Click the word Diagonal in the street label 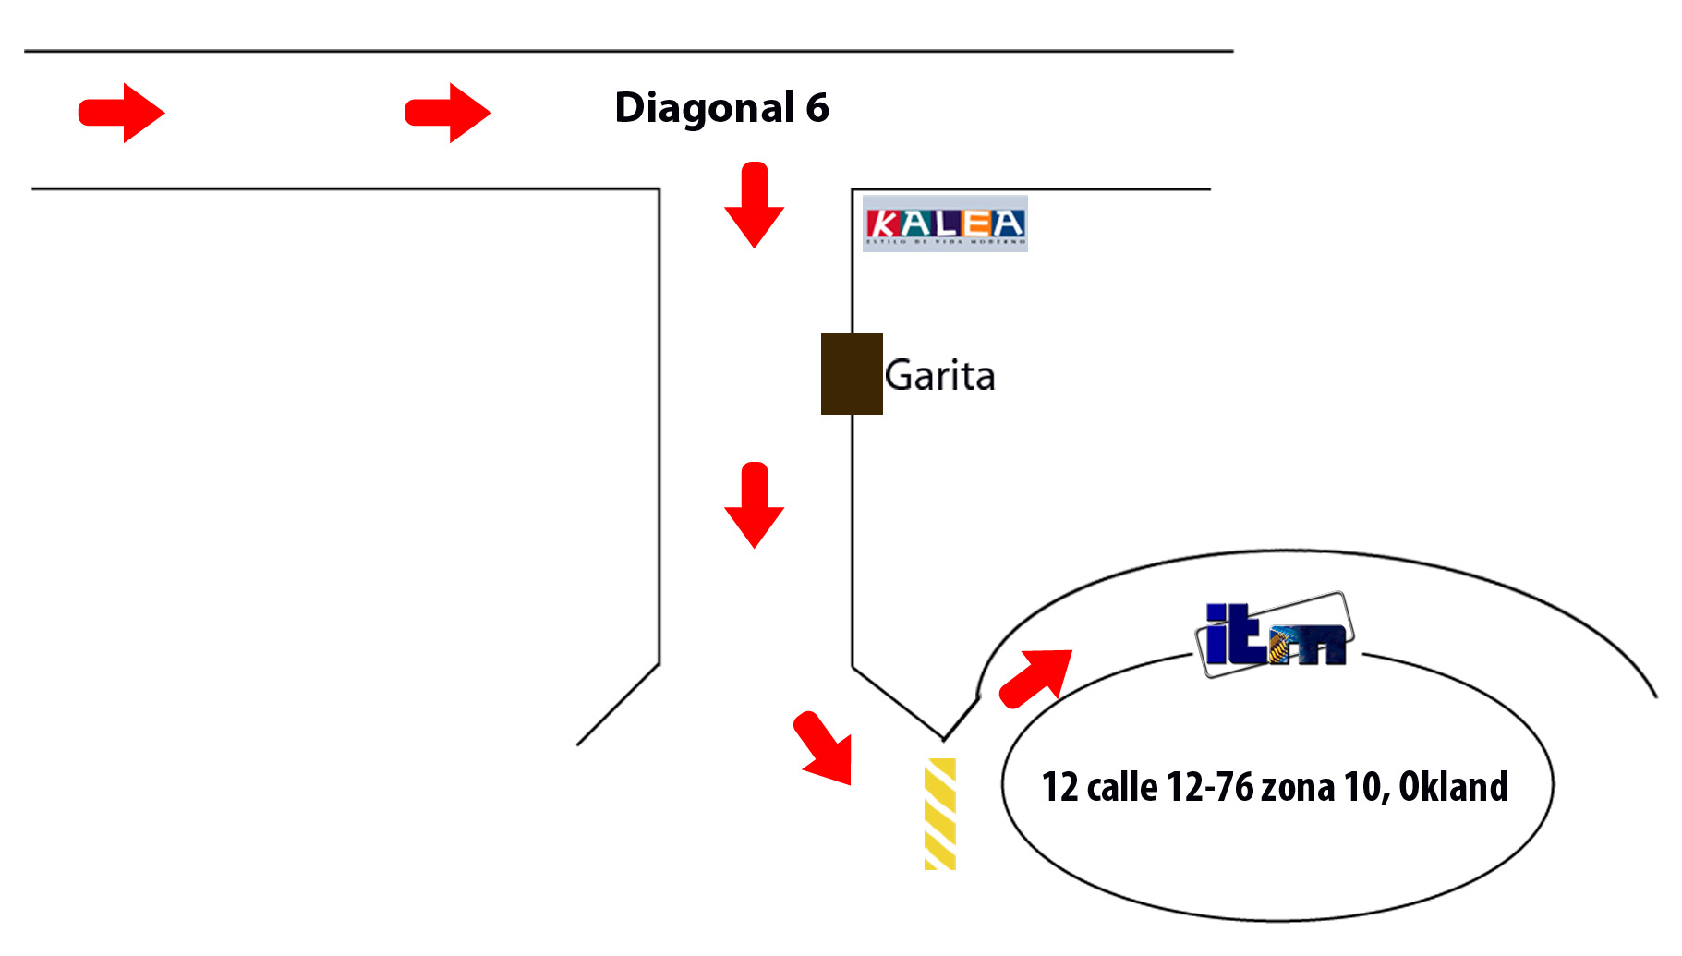705,109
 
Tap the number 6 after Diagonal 817,108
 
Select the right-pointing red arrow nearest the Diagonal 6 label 448,113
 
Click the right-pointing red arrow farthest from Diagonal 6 122,113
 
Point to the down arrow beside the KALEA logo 754,205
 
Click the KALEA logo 945,224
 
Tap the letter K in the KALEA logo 883,224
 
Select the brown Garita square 852,373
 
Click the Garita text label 939,376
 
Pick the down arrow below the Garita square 754,505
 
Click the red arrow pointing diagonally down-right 824,748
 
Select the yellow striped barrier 940,814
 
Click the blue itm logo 1275,635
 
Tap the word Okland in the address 1453,788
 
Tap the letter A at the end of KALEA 1008,224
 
